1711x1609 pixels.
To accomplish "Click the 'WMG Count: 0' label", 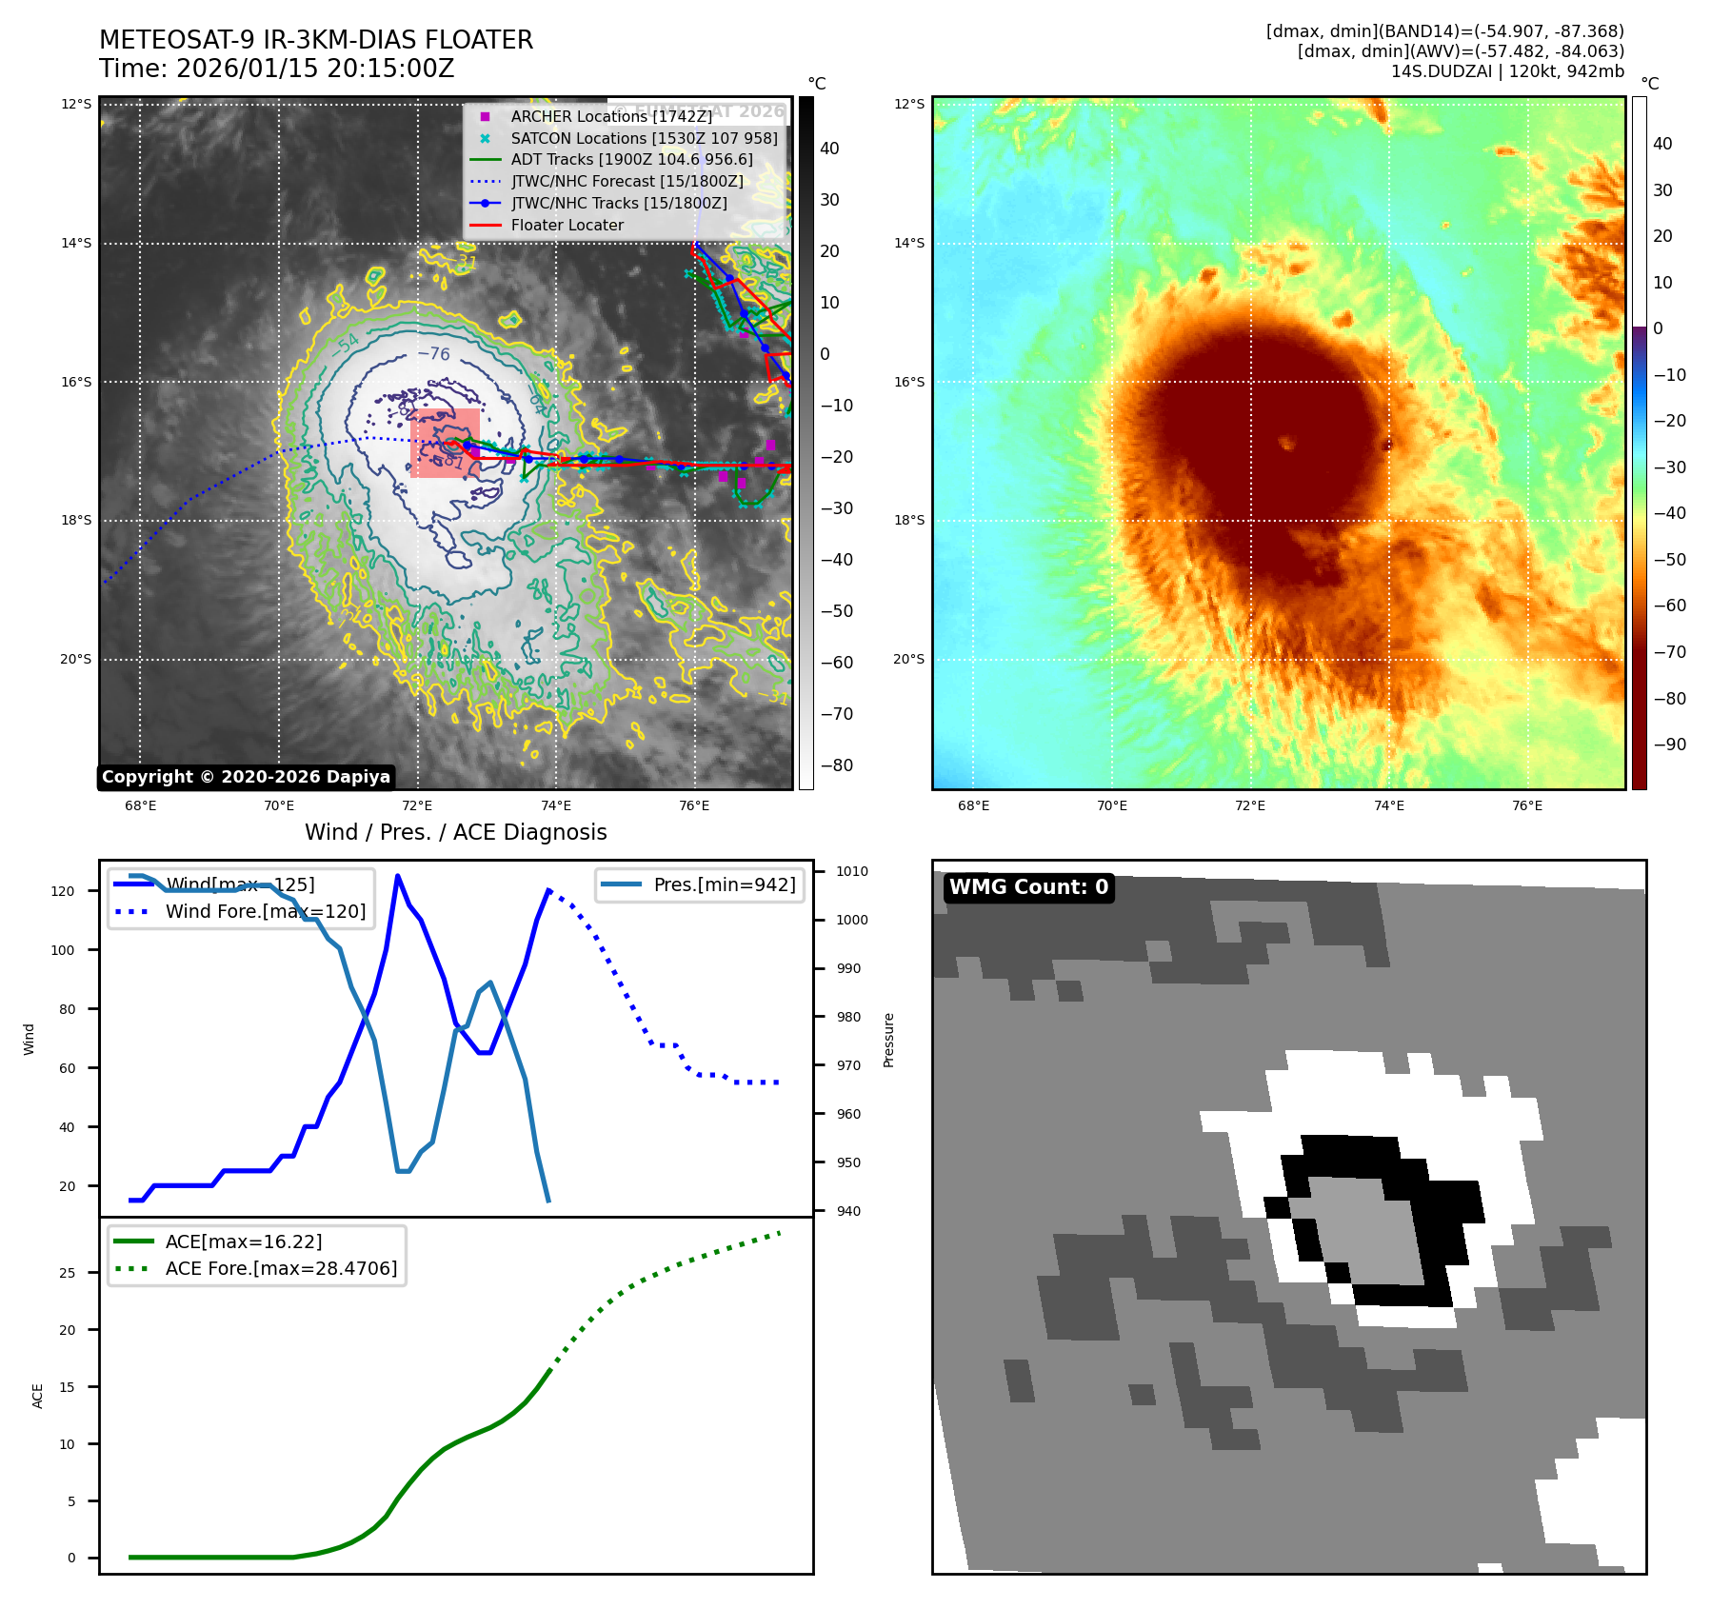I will [1028, 887].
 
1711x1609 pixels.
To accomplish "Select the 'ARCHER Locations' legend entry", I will [610, 116].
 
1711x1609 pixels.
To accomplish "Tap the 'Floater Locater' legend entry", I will [567, 226].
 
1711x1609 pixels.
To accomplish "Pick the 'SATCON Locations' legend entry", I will [644, 138].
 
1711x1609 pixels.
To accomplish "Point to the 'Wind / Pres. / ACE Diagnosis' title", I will [455, 832].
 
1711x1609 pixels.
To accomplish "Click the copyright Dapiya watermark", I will [246, 777].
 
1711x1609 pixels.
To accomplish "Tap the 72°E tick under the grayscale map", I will [416, 806].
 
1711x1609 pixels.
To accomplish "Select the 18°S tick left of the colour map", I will [908, 520].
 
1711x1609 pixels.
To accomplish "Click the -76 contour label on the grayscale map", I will [434, 354].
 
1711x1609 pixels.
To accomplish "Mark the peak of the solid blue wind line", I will [397, 876].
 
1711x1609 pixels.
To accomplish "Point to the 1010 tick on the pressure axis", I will [852, 871].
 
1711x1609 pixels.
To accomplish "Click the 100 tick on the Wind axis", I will [62, 950].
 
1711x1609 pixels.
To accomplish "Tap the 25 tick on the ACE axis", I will [67, 1273].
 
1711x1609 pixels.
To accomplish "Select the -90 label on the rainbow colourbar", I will [1669, 745].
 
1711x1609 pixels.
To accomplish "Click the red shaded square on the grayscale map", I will [445, 443].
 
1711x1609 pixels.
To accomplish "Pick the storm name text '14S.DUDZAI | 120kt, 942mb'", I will [1507, 71].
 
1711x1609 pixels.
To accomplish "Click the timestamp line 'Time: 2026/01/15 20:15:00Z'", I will [276, 70].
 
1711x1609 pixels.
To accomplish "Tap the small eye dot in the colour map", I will [1287, 443].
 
